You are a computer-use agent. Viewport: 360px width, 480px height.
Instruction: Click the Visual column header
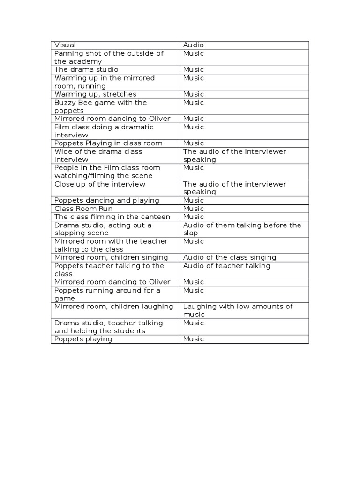click(x=65, y=45)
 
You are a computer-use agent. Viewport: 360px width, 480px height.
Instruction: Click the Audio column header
click(x=194, y=45)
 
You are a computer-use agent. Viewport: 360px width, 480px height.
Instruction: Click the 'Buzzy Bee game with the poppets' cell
click(x=100, y=106)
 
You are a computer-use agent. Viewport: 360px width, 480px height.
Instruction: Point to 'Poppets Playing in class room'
click(x=108, y=143)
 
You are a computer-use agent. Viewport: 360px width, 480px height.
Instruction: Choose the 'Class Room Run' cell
click(x=83, y=208)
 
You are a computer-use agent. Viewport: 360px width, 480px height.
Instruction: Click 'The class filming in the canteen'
click(x=112, y=217)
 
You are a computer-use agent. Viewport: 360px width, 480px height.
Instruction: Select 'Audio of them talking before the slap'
click(x=242, y=229)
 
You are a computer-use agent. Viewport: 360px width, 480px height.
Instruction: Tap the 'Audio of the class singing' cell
click(x=230, y=257)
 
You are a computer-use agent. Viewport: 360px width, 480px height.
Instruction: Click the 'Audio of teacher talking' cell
click(x=227, y=266)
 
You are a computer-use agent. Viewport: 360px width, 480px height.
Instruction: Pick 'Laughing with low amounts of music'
click(x=238, y=310)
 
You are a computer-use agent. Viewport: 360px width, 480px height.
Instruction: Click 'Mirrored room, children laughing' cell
click(x=113, y=307)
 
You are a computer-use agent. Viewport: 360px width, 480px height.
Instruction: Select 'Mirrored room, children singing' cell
click(x=111, y=257)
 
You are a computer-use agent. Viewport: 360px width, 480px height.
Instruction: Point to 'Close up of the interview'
click(x=100, y=184)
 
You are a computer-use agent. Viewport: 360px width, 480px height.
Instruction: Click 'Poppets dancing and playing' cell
click(x=107, y=200)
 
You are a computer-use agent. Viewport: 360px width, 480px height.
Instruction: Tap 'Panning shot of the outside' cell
click(x=109, y=57)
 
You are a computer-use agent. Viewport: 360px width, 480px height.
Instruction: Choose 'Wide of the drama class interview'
click(x=98, y=155)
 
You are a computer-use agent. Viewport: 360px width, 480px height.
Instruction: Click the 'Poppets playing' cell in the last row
click(x=83, y=339)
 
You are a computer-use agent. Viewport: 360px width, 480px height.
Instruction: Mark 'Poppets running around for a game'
click(x=107, y=294)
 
